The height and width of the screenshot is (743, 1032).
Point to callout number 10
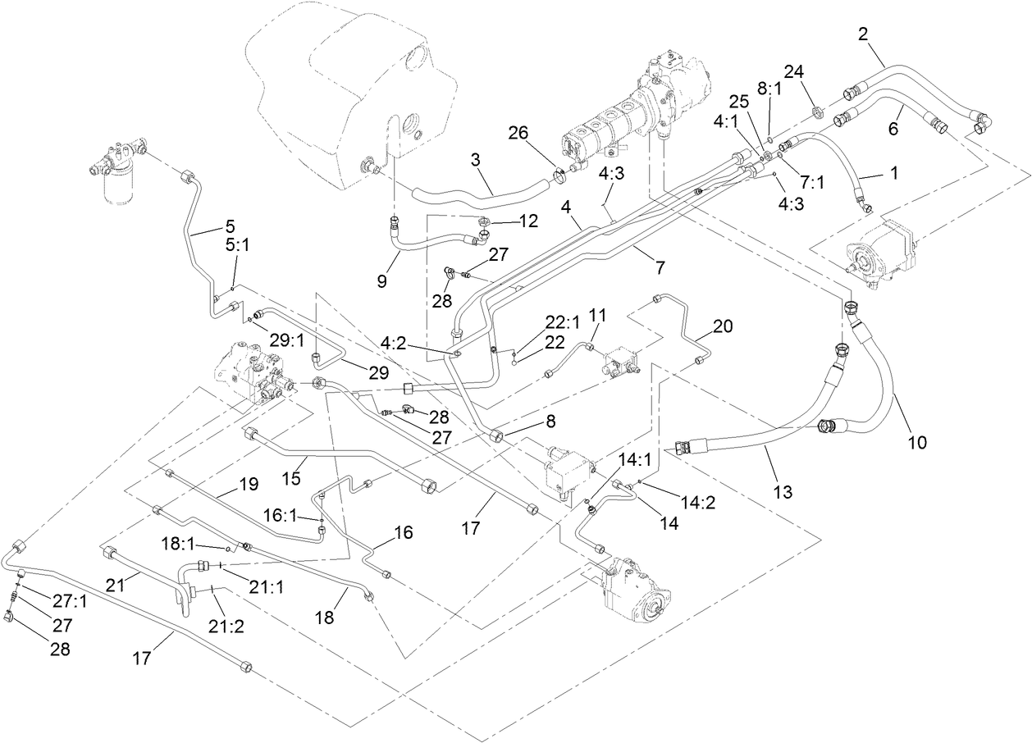(916, 443)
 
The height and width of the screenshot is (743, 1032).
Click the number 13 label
(783, 492)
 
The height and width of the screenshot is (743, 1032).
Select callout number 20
(721, 326)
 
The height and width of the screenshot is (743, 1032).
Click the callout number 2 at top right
(862, 34)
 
